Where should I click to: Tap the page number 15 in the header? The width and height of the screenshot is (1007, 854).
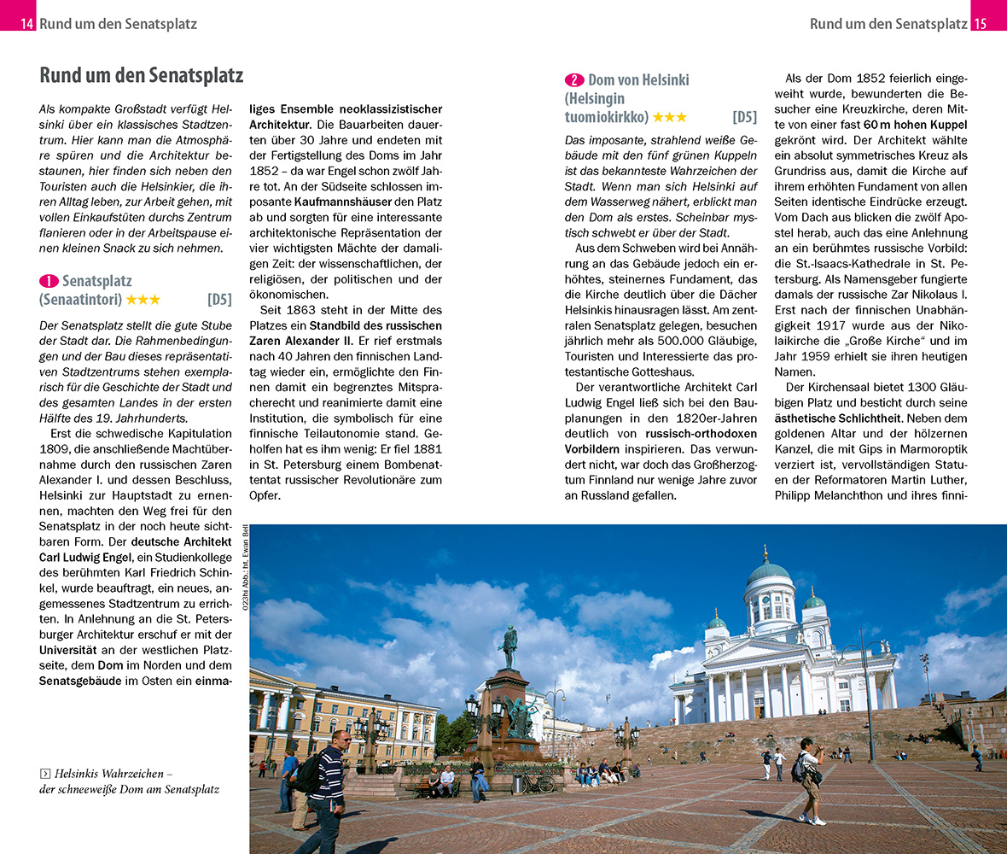[980, 24]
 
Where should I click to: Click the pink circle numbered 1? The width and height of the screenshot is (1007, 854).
[49, 281]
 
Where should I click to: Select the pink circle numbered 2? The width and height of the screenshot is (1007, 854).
[574, 80]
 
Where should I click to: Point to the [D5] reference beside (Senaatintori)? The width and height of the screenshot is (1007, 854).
[219, 300]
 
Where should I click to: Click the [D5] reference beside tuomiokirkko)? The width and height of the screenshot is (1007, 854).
[744, 118]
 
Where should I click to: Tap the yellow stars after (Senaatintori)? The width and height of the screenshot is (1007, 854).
[143, 300]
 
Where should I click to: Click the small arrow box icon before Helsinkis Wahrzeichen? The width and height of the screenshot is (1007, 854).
[44, 774]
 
